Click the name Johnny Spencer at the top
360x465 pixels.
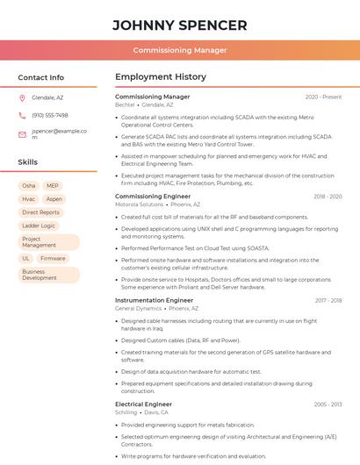[x=180, y=25]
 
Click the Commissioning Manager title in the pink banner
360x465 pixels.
[x=180, y=50]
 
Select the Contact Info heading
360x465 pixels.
[x=40, y=77]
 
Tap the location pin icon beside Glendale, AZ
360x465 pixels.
[x=22, y=97]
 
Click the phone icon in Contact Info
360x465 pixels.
[x=22, y=115]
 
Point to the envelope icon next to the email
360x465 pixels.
[x=22, y=134]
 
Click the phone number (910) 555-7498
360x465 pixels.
[x=50, y=115]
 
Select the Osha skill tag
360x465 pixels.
[x=29, y=186]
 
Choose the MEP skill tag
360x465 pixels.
[x=53, y=186]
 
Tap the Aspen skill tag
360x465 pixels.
[x=54, y=199]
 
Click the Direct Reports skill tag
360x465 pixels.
[x=40, y=212]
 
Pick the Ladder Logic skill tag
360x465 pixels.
[x=39, y=225]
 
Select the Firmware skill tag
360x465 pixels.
[x=53, y=259]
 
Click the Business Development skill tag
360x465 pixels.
[x=40, y=275]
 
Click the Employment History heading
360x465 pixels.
[x=161, y=77]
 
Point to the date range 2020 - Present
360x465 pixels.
[x=323, y=97]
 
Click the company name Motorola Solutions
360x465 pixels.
[x=139, y=204]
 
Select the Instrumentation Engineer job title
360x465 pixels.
[x=154, y=300]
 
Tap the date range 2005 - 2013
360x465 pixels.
[x=328, y=404]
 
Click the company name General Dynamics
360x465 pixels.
[x=138, y=308]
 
